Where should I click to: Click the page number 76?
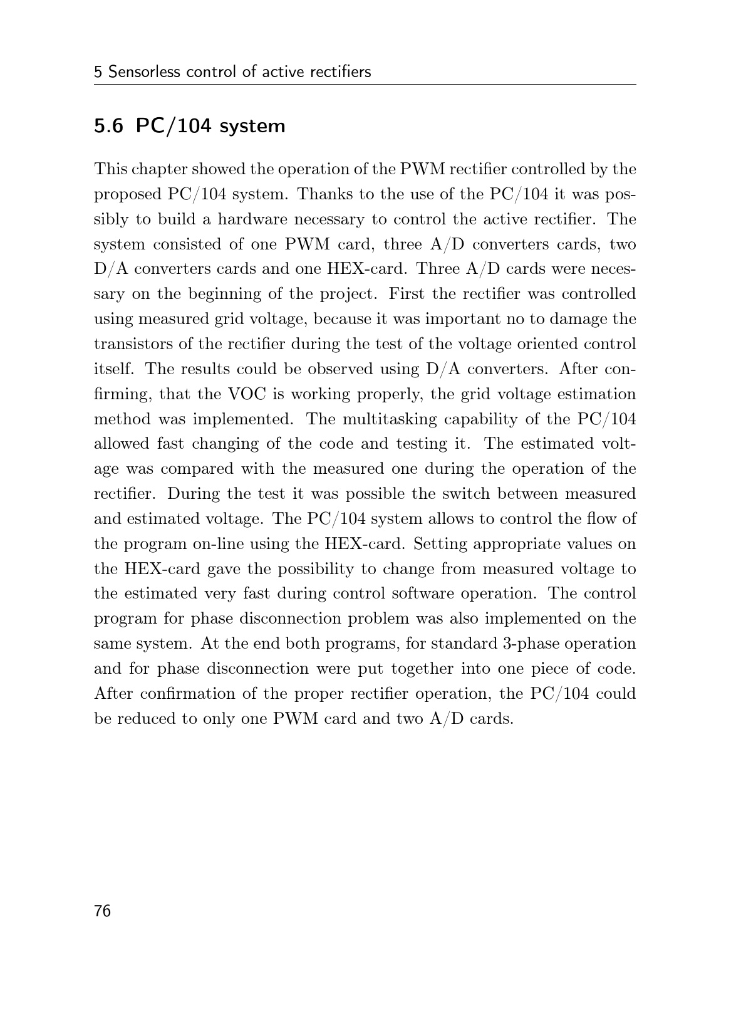pyautogui.click(x=102, y=911)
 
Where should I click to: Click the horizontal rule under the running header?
pyautogui.click(x=365, y=85)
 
